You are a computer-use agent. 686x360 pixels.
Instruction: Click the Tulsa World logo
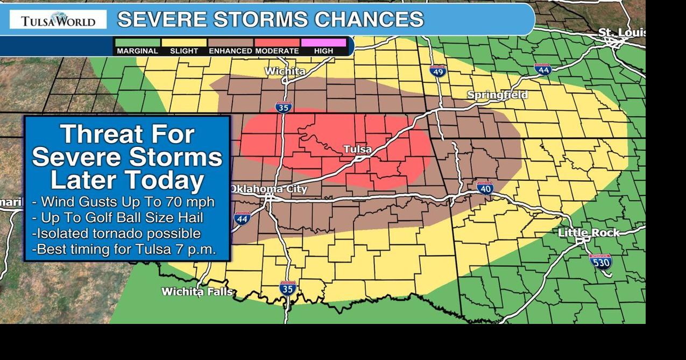[58, 20]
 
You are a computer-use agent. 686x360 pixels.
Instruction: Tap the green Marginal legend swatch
[137, 43]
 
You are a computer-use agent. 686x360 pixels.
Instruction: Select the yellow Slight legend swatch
[184, 43]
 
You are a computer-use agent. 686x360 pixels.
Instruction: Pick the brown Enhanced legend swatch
[231, 43]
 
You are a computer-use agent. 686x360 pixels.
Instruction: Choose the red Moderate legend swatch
[277, 43]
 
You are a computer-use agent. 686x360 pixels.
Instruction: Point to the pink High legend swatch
[323, 43]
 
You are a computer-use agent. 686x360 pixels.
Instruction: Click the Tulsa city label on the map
[357, 149]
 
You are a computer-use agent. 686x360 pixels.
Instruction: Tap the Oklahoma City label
[268, 189]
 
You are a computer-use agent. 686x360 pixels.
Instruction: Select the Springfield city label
[497, 95]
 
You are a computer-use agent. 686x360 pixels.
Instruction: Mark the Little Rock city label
[589, 233]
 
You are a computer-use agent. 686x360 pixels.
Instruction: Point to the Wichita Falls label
[197, 292]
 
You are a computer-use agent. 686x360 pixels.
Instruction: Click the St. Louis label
[621, 33]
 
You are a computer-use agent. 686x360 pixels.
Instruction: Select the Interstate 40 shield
[485, 188]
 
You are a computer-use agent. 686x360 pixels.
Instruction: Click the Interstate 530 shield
[600, 262]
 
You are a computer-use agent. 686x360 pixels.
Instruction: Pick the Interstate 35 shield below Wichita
[284, 107]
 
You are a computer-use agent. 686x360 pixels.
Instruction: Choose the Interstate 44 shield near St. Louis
[543, 69]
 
